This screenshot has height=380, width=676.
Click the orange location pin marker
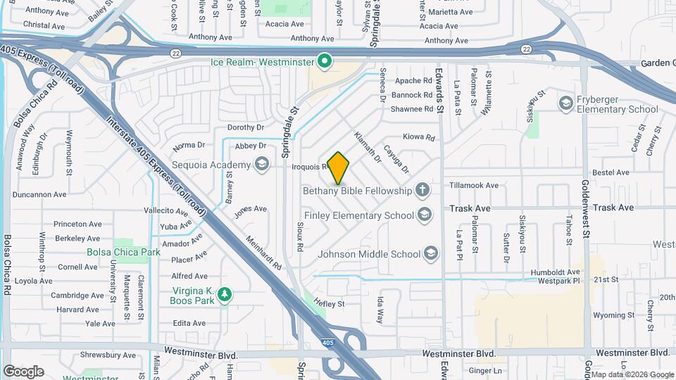(x=339, y=167)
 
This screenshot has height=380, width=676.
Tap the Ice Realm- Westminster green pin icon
(x=325, y=62)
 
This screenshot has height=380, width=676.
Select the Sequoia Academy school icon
(x=262, y=165)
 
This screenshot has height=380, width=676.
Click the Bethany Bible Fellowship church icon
(x=422, y=190)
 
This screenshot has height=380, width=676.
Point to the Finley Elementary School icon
(x=424, y=214)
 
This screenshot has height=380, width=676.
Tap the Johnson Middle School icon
(x=430, y=253)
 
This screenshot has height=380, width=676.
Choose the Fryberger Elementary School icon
(x=565, y=104)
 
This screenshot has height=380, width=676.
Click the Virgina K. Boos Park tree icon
(x=225, y=294)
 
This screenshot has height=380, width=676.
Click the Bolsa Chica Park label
(x=113, y=251)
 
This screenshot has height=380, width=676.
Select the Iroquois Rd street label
(x=311, y=167)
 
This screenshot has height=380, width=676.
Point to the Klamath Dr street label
(x=367, y=148)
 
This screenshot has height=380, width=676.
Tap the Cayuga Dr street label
(x=396, y=159)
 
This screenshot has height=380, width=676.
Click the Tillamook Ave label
(x=473, y=185)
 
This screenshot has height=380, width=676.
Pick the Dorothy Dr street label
(x=245, y=127)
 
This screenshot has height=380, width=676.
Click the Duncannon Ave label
(x=39, y=194)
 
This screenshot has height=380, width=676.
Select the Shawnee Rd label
(x=412, y=109)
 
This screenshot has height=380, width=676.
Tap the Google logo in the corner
(x=23, y=371)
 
